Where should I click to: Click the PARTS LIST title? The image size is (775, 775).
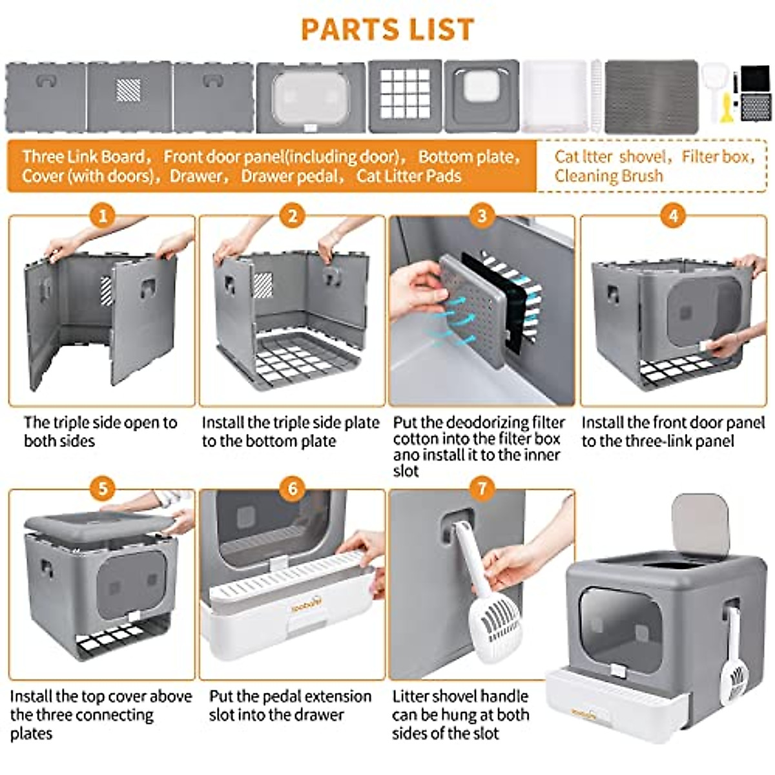coord(387,29)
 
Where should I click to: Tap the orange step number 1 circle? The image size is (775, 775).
coord(102,216)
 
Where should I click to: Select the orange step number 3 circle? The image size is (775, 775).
coord(482,216)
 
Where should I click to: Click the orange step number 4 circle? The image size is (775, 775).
coord(674,216)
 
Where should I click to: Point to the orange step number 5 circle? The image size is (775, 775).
coord(102,489)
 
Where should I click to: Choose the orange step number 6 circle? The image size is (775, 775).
coord(292,489)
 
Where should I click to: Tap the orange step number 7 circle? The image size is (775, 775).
coord(482,489)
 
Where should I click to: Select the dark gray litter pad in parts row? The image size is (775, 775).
coord(651,96)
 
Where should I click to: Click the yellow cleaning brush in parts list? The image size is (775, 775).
coord(727,107)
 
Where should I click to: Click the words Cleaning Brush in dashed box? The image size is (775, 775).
coord(608,176)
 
